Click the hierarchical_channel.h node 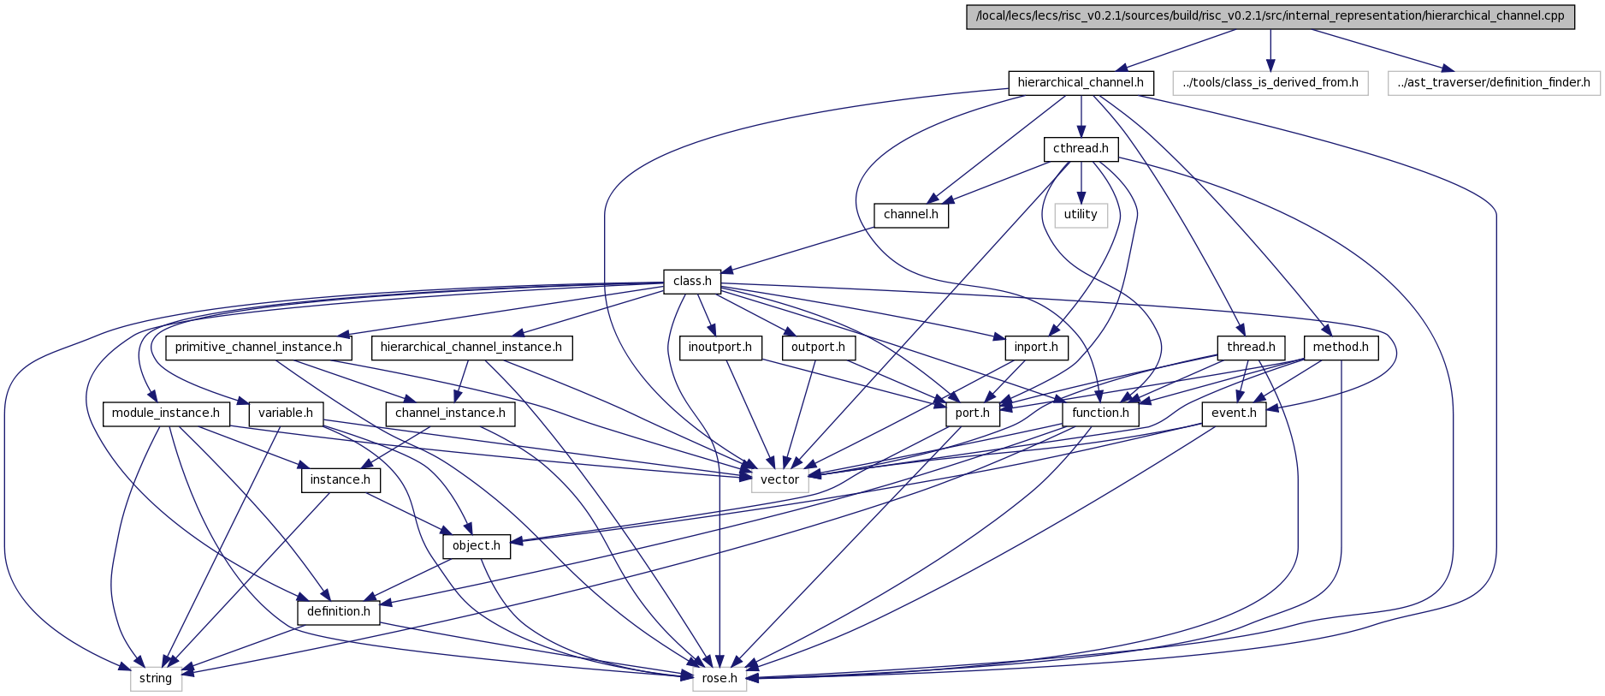(1081, 83)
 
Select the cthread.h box (1081, 149)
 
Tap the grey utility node (1081, 215)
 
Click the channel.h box (911, 215)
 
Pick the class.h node (692, 281)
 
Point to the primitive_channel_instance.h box (258, 348)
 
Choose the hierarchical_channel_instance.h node (471, 348)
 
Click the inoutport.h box (720, 348)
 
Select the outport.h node (818, 348)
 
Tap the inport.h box (1036, 348)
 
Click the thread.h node (1251, 348)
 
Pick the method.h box (1341, 348)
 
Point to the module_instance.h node (166, 413)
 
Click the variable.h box (286, 413)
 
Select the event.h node (1234, 413)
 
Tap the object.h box (477, 546)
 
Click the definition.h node (339, 612)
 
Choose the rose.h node (720, 679)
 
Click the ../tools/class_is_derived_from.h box (1270, 83)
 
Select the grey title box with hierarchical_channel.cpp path (1270, 16)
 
